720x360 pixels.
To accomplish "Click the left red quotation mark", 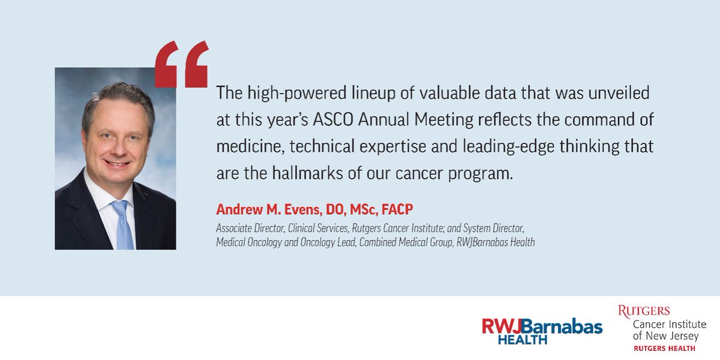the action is click(x=167, y=64).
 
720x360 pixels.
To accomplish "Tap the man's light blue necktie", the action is click(x=123, y=225).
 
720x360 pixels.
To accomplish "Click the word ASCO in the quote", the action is click(x=333, y=119).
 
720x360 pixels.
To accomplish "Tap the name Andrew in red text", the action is click(x=239, y=209).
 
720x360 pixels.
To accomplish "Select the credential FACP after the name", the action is click(x=397, y=209).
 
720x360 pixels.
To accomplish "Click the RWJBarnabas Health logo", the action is click(x=542, y=331).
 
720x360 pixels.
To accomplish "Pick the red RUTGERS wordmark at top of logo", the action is click(x=644, y=311).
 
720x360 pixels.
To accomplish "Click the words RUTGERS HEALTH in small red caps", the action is click(x=664, y=349).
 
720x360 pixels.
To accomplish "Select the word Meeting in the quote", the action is click(x=443, y=120).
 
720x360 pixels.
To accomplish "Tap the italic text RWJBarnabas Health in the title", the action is click(x=496, y=242).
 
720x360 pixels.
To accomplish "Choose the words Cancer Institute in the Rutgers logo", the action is click(x=669, y=325).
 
